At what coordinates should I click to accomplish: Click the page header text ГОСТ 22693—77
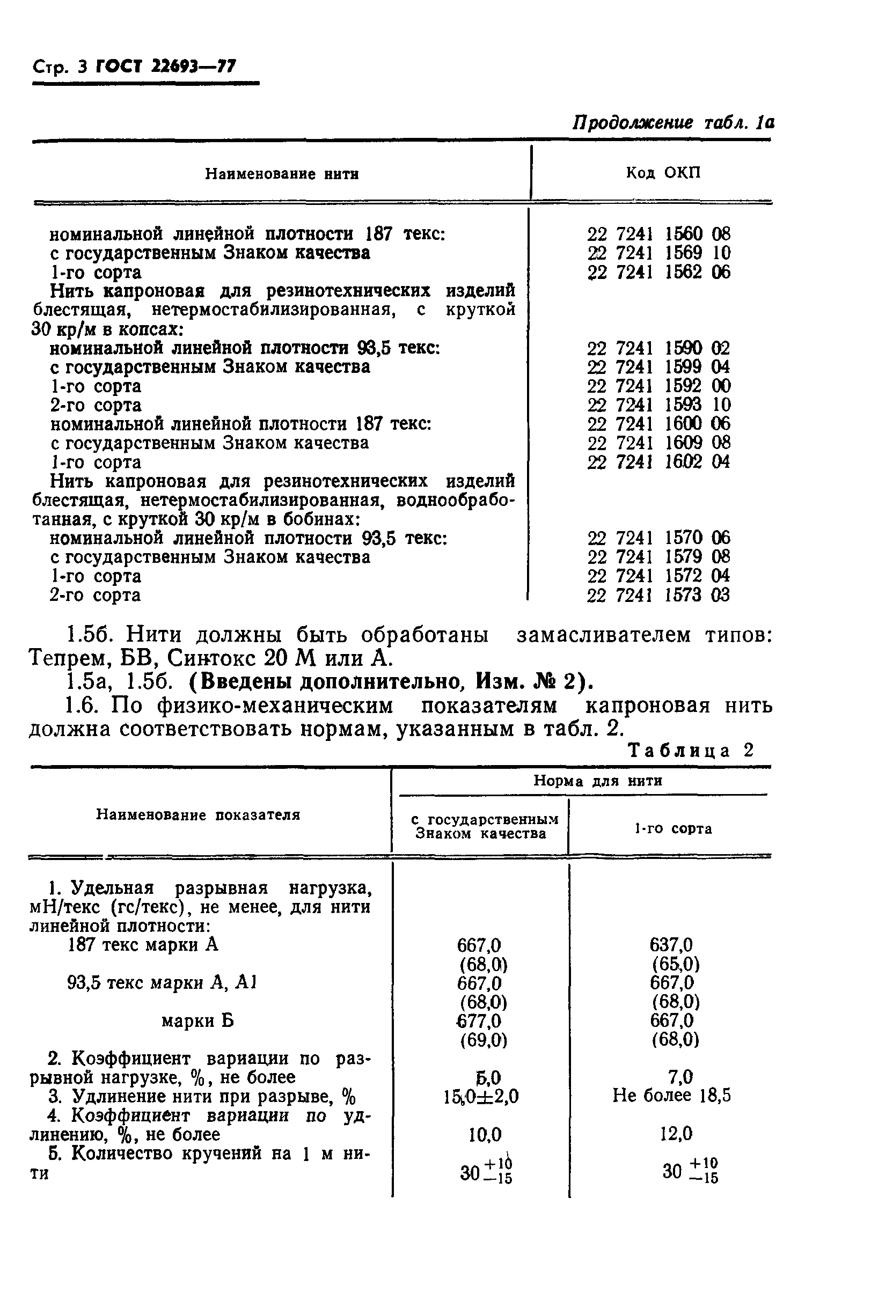pos(165,67)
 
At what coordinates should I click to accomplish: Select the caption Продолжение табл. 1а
pos(674,123)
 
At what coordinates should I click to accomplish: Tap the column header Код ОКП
pos(663,173)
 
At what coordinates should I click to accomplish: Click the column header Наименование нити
pos(282,174)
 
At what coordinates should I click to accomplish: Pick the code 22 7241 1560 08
pos(659,234)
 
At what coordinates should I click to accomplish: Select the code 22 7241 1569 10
pos(659,253)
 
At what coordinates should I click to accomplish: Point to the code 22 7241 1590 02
pos(659,348)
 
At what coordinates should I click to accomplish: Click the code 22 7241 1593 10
pos(659,405)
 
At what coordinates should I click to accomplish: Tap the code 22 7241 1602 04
pos(659,462)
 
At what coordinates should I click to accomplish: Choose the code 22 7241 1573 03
pos(659,596)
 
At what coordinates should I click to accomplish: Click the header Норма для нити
pos(598,781)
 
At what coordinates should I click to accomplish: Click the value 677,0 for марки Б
pos(478,1020)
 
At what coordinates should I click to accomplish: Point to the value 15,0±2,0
pos(481,1097)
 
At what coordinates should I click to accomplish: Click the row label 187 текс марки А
pos(143,945)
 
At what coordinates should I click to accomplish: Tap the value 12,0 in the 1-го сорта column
pos(676,1134)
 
